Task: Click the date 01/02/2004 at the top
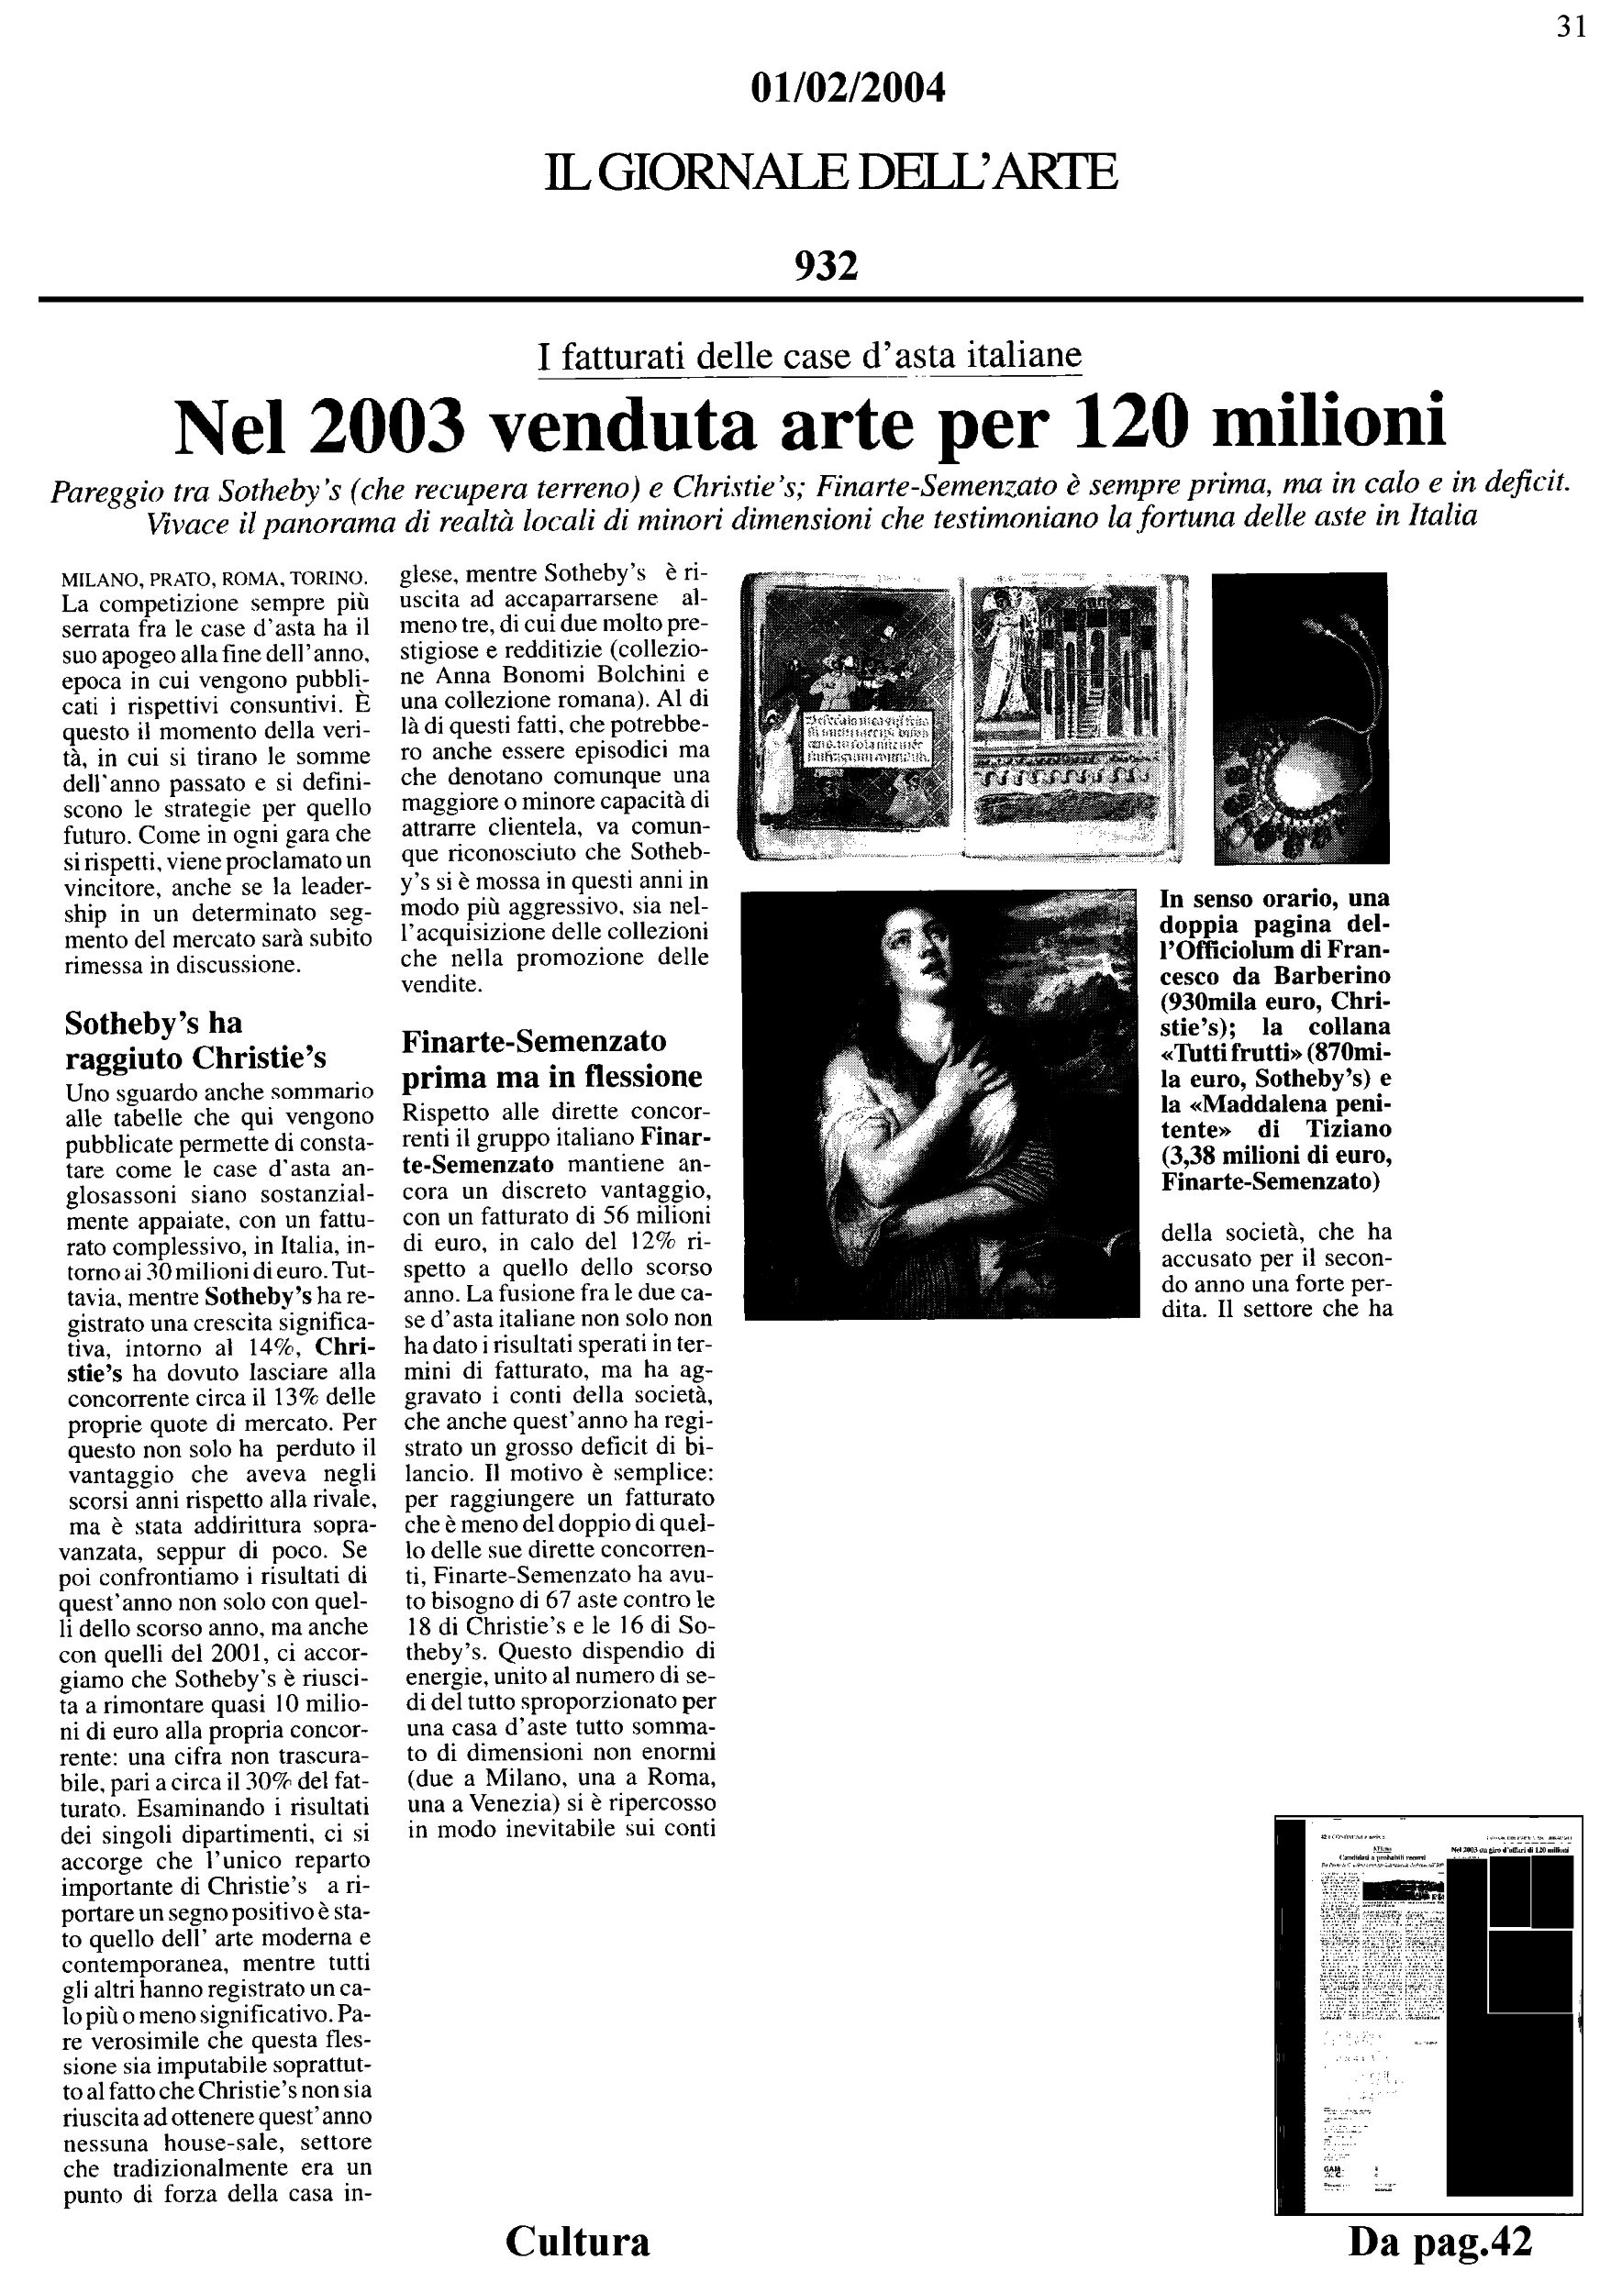click(846, 90)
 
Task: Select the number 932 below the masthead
click(826, 266)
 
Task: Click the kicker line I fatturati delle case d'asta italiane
click(809, 356)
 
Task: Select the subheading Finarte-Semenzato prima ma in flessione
click(551, 1058)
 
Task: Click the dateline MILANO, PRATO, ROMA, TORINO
click(214, 578)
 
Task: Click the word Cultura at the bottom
click(577, 2240)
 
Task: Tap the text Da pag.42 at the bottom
click(1439, 2241)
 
